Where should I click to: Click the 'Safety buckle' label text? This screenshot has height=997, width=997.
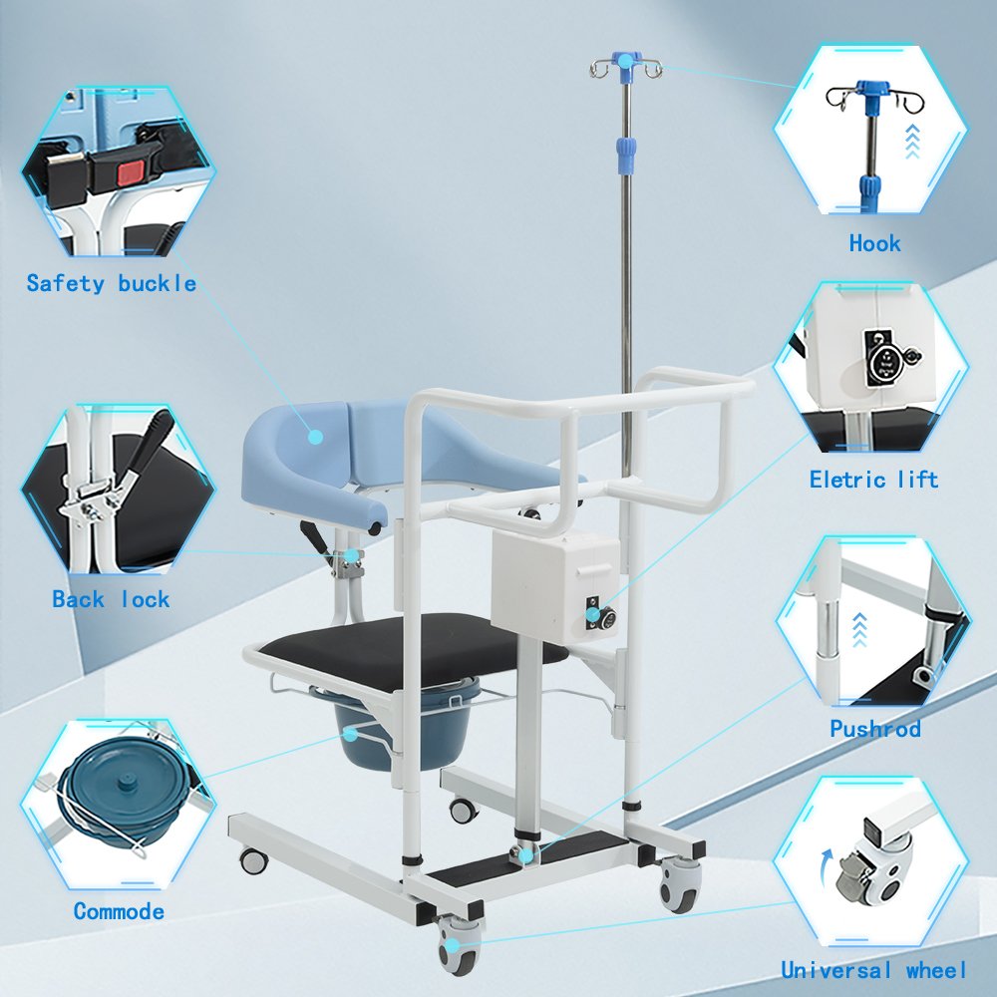point(112,283)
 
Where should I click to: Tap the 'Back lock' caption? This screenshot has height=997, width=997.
point(112,599)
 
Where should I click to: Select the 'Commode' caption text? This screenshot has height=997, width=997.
point(119,911)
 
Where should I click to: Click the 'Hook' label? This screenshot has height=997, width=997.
point(875,243)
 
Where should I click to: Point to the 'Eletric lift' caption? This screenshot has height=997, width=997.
point(873,480)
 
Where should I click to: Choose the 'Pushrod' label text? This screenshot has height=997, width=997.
point(875,728)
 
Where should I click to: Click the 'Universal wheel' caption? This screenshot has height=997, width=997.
point(873,970)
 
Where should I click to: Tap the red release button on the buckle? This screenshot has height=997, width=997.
point(132,172)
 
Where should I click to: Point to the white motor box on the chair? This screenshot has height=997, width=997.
point(555,586)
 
